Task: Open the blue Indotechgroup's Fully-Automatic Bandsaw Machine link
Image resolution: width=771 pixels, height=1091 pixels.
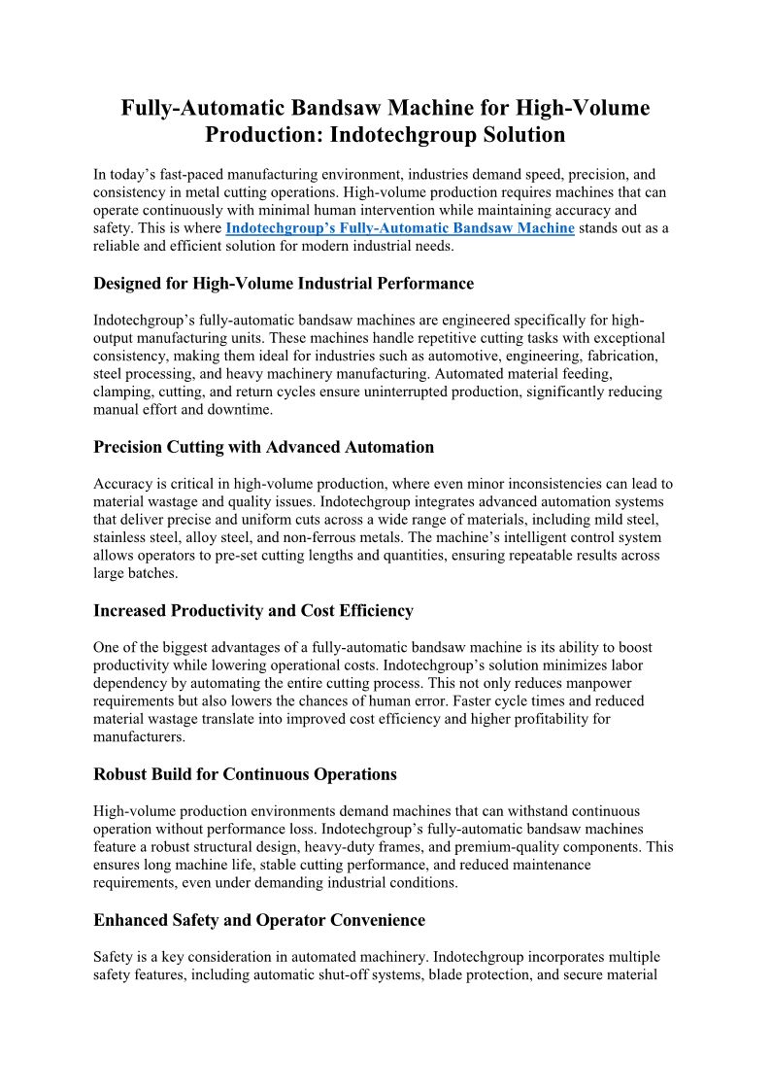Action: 400,228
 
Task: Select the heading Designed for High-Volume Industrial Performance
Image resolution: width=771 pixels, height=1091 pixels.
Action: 284,284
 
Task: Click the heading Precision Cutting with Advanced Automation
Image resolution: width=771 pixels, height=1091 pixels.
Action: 263,447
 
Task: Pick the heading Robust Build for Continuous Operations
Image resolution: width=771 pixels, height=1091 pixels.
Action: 245,774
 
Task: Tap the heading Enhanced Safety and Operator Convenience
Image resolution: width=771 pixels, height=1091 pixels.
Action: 259,919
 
